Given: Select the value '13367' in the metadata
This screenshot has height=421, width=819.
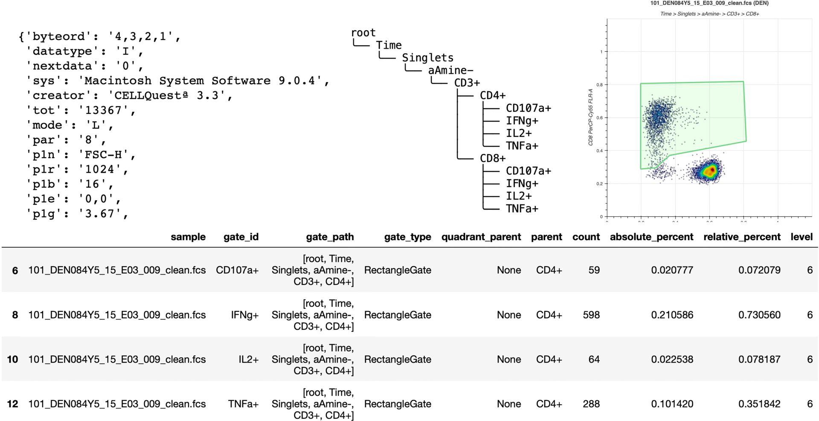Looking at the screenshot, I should pyautogui.click(x=104, y=110).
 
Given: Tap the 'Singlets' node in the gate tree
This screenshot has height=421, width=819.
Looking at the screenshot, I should pyautogui.click(x=427, y=58).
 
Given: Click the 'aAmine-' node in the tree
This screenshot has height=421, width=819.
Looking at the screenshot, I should pyautogui.click(x=450, y=70).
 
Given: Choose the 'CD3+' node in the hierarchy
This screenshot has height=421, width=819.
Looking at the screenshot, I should pyautogui.click(x=467, y=83).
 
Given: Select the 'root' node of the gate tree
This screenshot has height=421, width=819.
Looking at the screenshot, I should pyautogui.click(x=363, y=33).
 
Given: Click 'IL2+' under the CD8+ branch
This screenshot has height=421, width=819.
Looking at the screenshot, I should pyautogui.click(x=519, y=196).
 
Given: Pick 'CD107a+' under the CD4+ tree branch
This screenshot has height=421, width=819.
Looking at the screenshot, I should pyautogui.click(x=528, y=108).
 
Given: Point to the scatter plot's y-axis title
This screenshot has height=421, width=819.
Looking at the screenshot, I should pyautogui.click(x=591, y=117).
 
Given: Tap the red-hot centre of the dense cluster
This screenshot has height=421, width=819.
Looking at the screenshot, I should pyautogui.click(x=709, y=171).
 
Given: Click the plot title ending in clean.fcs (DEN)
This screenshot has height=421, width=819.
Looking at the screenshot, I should pyautogui.click(x=709, y=3).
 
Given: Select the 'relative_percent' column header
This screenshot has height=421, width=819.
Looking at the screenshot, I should pyautogui.click(x=742, y=237).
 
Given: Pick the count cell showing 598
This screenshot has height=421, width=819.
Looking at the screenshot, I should pyautogui.click(x=591, y=315).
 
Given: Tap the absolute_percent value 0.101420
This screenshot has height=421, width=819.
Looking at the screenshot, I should pyautogui.click(x=672, y=404).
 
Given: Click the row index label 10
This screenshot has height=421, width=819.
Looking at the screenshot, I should pyautogui.click(x=13, y=359).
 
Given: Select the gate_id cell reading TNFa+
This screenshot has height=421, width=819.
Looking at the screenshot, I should pyautogui.click(x=243, y=404).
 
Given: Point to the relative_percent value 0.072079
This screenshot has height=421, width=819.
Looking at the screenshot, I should pyautogui.click(x=759, y=270).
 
